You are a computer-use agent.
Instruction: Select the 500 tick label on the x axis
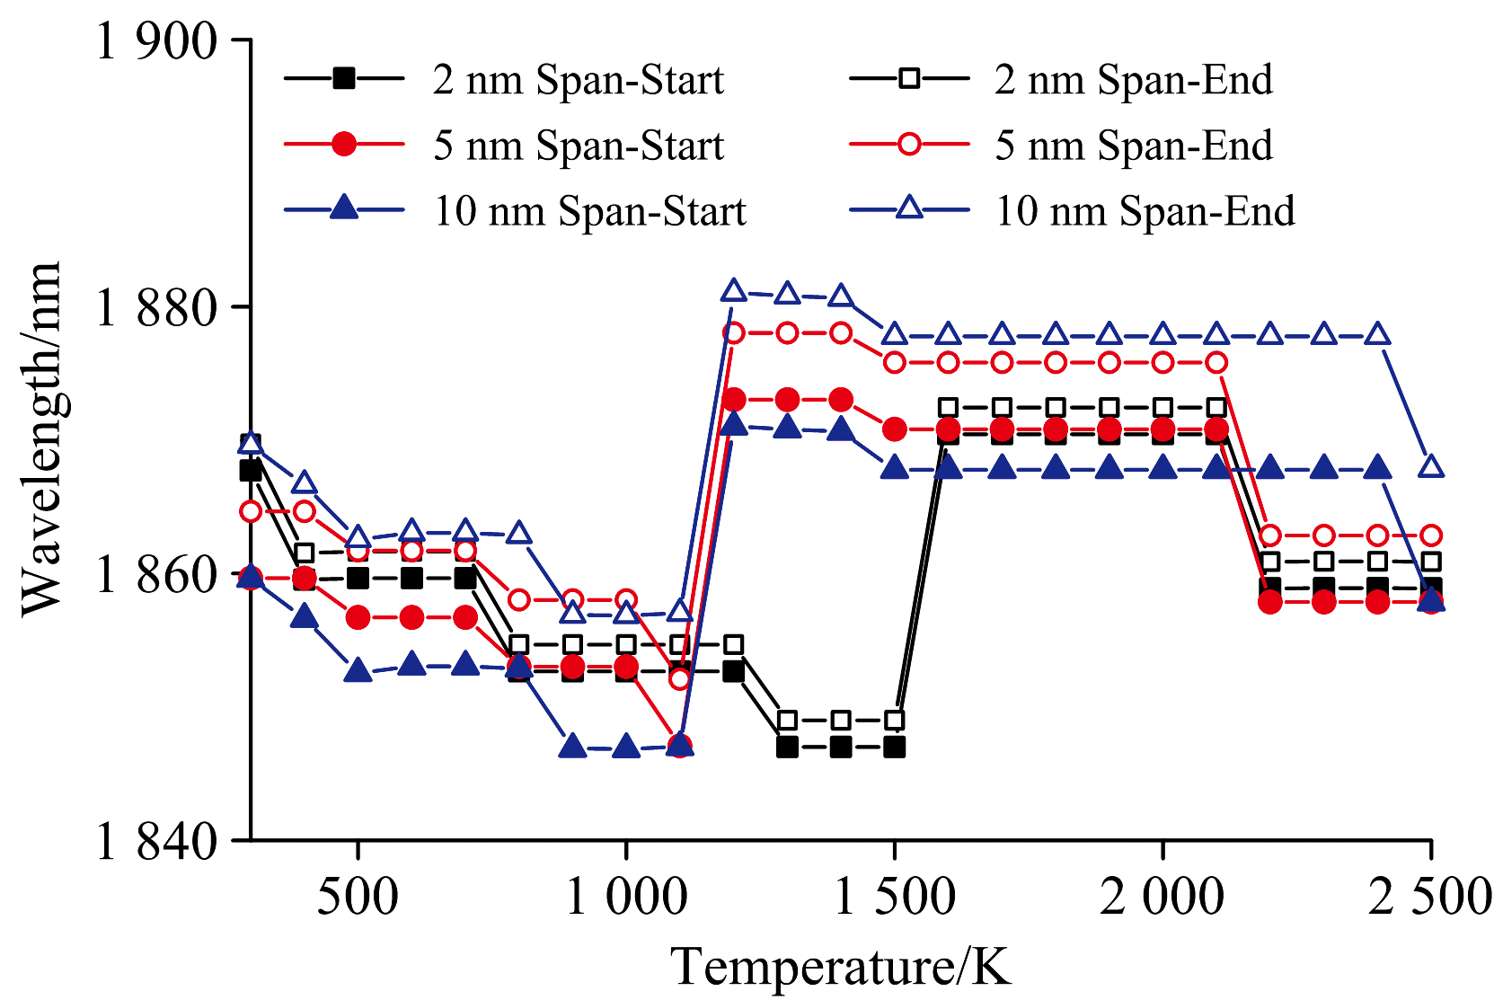tap(358, 897)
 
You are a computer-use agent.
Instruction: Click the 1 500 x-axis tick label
tap(894, 897)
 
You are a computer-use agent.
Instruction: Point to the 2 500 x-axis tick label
tap(1428, 897)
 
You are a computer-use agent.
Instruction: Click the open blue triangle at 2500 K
tap(1431, 466)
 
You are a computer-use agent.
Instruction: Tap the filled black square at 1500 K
tap(894, 747)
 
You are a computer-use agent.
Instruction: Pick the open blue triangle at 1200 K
tap(734, 290)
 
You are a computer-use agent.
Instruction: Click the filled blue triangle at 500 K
tap(358, 671)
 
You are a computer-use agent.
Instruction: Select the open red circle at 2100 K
tap(1216, 363)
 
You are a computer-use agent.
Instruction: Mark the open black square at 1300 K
tap(787, 721)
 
